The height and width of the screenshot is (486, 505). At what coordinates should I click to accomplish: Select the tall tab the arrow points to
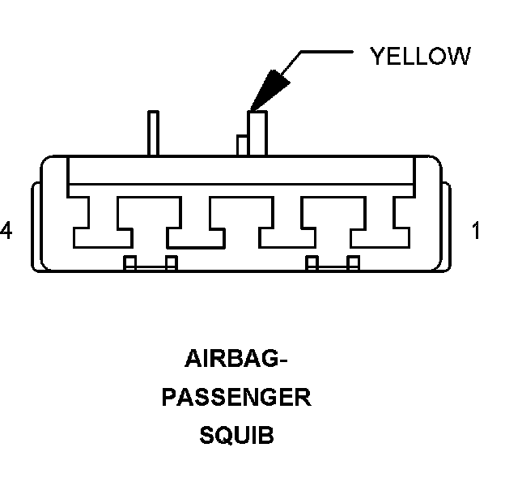(x=257, y=132)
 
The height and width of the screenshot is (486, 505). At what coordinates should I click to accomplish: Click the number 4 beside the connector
(x=6, y=232)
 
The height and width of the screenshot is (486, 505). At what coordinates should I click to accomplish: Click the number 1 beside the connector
(x=476, y=232)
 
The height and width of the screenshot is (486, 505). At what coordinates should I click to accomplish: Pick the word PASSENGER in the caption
(x=236, y=398)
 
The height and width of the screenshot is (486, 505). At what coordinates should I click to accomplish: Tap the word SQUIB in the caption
(x=236, y=436)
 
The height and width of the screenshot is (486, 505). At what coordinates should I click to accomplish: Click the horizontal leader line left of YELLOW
(x=328, y=52)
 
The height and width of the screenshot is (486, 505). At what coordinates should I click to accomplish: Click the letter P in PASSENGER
(x=170, y=398)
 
